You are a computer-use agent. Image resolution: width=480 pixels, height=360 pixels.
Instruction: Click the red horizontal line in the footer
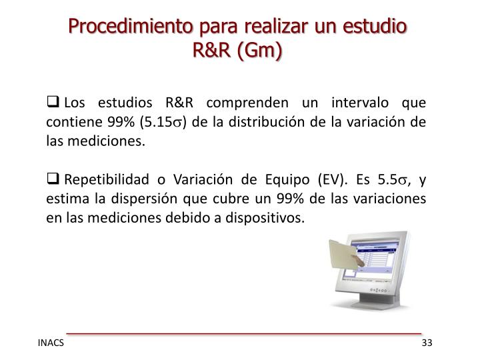click(244, 332)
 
